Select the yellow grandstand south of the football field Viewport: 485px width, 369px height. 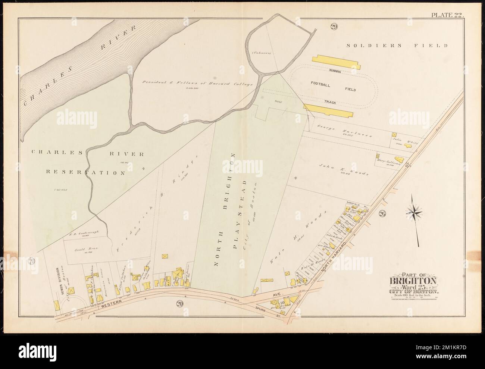click(328, 110)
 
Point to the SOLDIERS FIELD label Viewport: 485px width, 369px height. click(397, 46)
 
